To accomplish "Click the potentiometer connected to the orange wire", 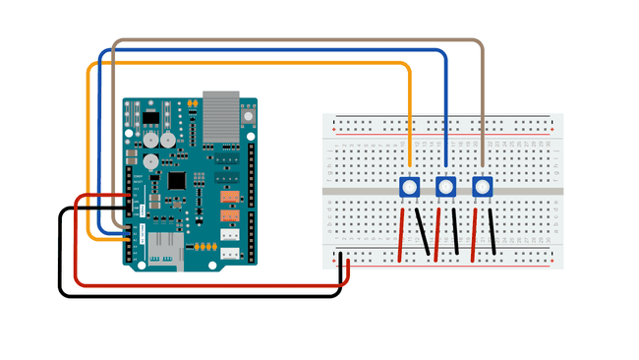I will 409,187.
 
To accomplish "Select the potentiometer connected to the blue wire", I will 445,187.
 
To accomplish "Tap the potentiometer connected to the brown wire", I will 482,187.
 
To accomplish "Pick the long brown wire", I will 295,41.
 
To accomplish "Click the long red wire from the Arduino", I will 197,284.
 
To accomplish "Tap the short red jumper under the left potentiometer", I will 401,234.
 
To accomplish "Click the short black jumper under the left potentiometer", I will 425,234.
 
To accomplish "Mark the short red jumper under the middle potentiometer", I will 437,234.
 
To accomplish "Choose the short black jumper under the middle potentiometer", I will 456,234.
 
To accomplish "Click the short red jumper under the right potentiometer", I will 475,234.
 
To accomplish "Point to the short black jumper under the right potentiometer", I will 492,234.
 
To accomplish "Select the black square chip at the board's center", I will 178,181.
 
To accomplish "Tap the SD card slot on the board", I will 163,259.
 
